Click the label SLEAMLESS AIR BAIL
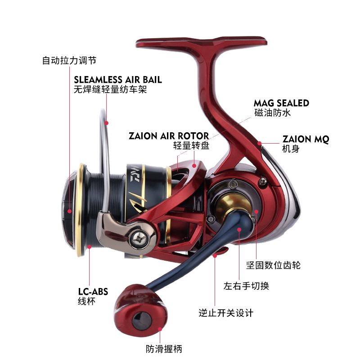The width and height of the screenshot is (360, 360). [x=118, y=80]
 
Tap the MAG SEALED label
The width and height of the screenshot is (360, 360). [x=281, y=103]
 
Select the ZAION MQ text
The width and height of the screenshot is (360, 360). [x=306, y=139]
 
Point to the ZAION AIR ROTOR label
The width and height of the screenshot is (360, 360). [x=169, y=136]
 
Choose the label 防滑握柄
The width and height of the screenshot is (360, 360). [x=164, y=348]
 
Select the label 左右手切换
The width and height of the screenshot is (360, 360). [x=246, y=286]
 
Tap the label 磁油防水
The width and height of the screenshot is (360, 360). [x=273, y=112]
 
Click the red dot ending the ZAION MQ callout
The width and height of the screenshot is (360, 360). [x=260, y=143]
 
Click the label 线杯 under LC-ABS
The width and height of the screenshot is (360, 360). [x=87, y=301]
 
